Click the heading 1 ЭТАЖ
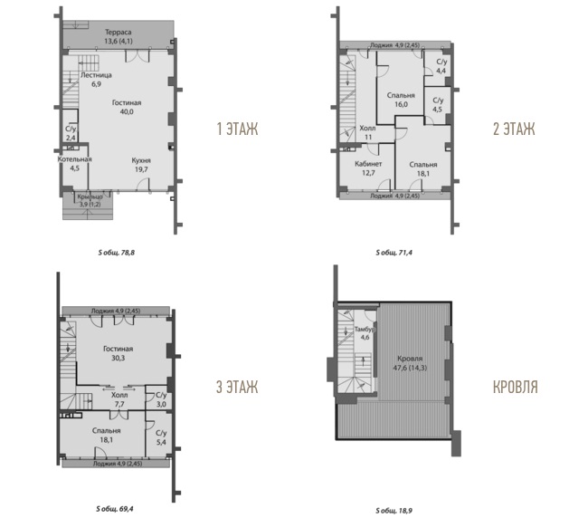click(237, 129)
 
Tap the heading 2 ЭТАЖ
click(514, 129)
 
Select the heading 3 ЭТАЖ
click(237, 387)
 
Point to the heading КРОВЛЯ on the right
click(516, 387)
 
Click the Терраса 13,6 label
click(119, 37)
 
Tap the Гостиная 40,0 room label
click(127, 107)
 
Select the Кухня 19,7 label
click(141, 165)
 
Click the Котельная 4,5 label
click(75, 164)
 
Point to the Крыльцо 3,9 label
click(90, 200)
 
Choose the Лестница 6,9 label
click(96, 80)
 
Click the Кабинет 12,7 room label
click(368, 168)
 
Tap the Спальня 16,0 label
click(401, 100)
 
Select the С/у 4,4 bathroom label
click(441, 66)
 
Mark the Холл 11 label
click(367, 132)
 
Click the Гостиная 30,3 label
click(119, 353)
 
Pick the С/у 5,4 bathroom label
click(161, 437)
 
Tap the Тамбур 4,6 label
click(365, 333)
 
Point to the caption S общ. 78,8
click(117, 253)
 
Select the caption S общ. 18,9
click(394, 511)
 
